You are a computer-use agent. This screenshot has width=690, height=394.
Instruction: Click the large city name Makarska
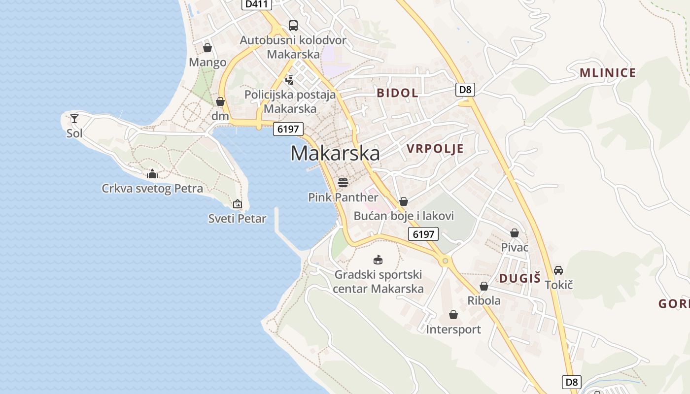click(x=335, y=153)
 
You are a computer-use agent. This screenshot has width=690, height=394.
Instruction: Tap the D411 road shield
click(x=257, y=4)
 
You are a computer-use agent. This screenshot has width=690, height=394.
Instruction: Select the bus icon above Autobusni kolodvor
click(x=293, y=26)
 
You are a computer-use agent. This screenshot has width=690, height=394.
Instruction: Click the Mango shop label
click(x=207, y=63)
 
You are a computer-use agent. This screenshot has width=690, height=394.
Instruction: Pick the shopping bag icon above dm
click(x=220, y=101)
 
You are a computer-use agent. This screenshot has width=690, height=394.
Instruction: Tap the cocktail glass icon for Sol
click(x=74, y=118)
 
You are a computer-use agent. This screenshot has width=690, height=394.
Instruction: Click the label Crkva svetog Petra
click(x=152, y=189)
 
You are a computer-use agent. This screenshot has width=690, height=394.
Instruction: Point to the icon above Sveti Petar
click(x=238, y=203)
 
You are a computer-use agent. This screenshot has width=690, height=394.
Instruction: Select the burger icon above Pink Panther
click(x=343, y=183)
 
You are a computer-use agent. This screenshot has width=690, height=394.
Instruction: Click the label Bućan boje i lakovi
click(x=404, y=216)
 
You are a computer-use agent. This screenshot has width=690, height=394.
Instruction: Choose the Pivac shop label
click(x=515, y=247)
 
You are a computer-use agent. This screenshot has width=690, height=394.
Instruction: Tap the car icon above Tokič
click(x=558, y=270)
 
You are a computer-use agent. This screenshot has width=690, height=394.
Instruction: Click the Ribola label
click(x=483, y=300)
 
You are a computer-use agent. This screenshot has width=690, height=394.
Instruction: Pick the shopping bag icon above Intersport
click(x=453, y=315)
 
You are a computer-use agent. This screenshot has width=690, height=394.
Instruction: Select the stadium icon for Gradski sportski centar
click(x=378, y=260)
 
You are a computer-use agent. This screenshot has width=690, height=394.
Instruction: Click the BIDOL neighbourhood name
click(x=397, y=93)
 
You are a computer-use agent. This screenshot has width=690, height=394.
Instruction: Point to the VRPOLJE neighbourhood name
click(x=435, y=149)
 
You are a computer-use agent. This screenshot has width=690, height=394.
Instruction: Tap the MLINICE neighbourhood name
click(x=608, y=73)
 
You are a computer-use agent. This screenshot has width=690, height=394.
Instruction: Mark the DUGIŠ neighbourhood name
click(x=520, y=278)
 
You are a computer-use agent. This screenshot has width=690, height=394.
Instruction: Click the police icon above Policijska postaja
click(x=290, y=80)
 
